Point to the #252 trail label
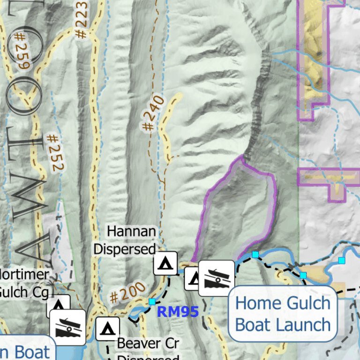click(x=55, y=152)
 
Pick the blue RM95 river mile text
click(x=178, y=311)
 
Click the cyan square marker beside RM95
click(x=152, y=302)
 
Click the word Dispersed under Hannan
click(x=125, y=248)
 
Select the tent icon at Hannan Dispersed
click(x=165, y=263)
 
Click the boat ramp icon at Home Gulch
click(x=216, y=278)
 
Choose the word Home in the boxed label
click(x=256, y=303)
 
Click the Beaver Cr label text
click(x=148, y=343)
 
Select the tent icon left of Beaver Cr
click(x=107, y=328)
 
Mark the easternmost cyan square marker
click(x=342, y=260)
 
